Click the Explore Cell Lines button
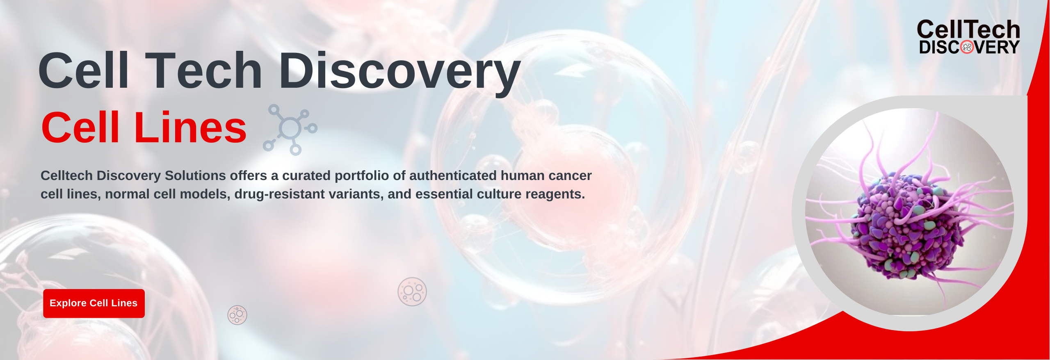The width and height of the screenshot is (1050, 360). coord(94,303)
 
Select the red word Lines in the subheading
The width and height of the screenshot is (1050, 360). coord(190,128)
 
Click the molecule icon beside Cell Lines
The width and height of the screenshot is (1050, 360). coord(290,129)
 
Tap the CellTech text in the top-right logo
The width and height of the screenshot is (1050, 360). coord(968,30)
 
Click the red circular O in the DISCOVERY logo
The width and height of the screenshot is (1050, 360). coord(967,48)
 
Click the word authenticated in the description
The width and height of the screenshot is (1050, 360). coord(453,175)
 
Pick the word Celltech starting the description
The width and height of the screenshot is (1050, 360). coord(66,175)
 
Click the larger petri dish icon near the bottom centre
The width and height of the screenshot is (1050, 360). coord(412,292)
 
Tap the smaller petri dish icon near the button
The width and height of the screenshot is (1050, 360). coord(237,315)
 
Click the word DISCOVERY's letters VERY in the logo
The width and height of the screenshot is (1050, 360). coord(997,48)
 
